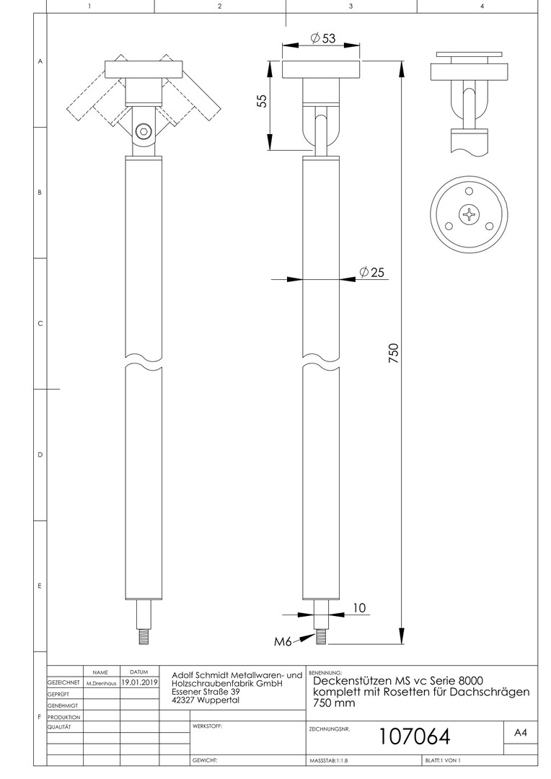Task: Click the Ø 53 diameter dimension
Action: pyautogui.click(x=323, y=38)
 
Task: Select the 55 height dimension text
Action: pyautogui.click(x=262, y=101)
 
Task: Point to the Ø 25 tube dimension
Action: pyautogui.click(x=371, y=272)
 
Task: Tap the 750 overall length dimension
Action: pyautogui.click(x=393, y=353)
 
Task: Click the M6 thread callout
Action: pyautogui.click(x=283, y=641)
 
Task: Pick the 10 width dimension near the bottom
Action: pyautogui.click(x=359, y=607)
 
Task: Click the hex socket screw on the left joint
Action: pyautogui.click(x=143, y=131)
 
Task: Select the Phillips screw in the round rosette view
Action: pyautogui.click(x=469, y=215)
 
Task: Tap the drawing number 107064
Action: pyautogui.click(x=415, y=736)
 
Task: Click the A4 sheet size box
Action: pyautogui.click(x=520, y=733)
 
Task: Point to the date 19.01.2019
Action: pyautogui.click(x=140, y=682)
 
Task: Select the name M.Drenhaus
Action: pyautogui.click(x=102, y=684)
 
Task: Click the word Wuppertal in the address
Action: pyautogui.click(x=218, y=700)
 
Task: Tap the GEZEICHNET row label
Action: pyautogui.click(x=63, y=683)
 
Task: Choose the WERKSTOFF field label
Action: pyautogui.click(x=207, y=726)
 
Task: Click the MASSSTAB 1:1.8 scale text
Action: pyautogui.click(x=329, y=761)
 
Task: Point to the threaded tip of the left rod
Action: pyautogui.click(x=144, y=638)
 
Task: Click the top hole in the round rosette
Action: pyautogui.click(x=469, y=191)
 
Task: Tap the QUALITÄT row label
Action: pyautogui.click(x=59, y=727)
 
